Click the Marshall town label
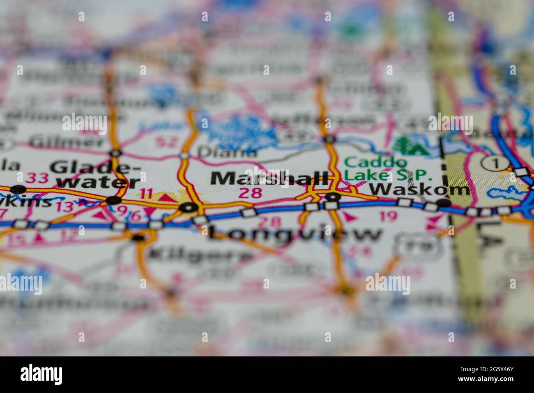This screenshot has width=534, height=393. tap(269, 179)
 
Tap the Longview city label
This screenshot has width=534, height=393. tap(294, 234)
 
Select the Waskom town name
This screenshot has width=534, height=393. tap(420, 189)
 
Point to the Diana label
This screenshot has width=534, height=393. tap(227, 152)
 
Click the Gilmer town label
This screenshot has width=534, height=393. tap(67, 142)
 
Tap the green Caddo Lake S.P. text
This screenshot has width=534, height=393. tap(388, 169)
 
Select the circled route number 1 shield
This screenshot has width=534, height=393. tap(495, 163)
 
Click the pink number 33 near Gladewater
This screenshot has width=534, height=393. tap(37, 178)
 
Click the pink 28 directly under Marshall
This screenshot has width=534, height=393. tap(250, 193)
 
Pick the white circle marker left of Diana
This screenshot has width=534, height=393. tap(184, 155)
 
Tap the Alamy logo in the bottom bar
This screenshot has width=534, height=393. tap(41, 375)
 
